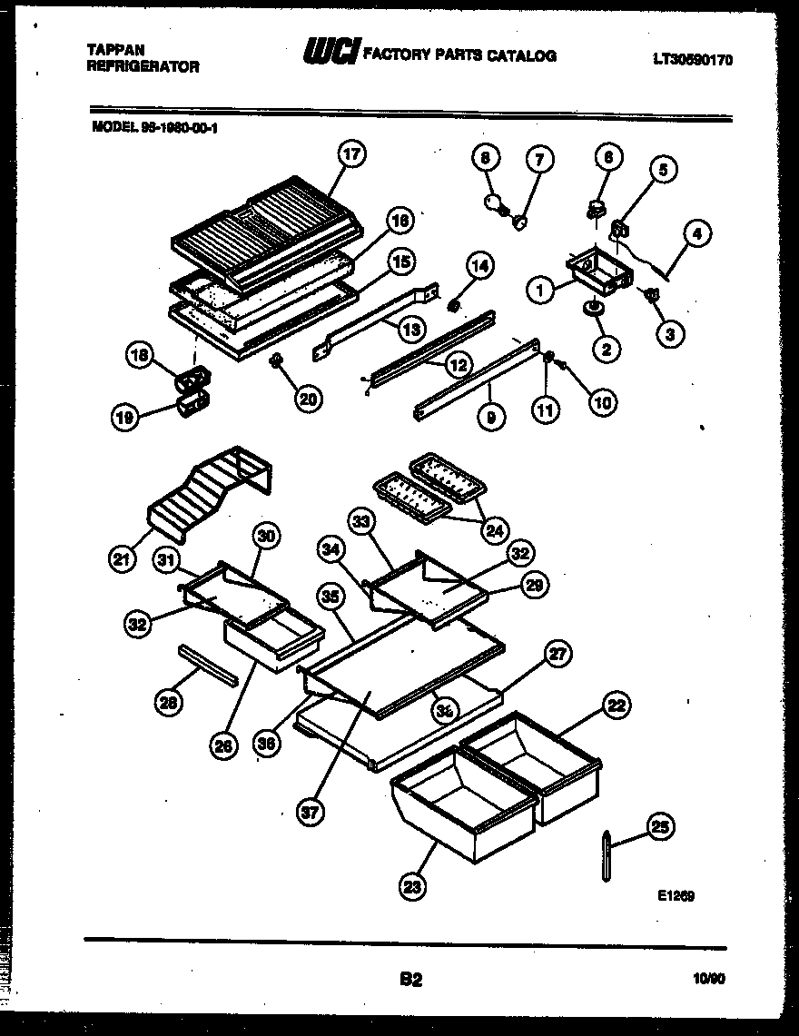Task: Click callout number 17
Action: (351, 156)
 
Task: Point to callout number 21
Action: (123, 559)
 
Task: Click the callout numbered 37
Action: (311, 814)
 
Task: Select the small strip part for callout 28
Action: (209, 665)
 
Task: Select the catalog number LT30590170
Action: (692, 61)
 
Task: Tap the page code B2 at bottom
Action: (410, 980)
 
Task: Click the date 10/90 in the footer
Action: (709, 979)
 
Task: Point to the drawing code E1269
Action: (676, 894)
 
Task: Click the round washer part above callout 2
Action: (596, 311)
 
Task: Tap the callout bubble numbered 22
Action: (617, 705)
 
